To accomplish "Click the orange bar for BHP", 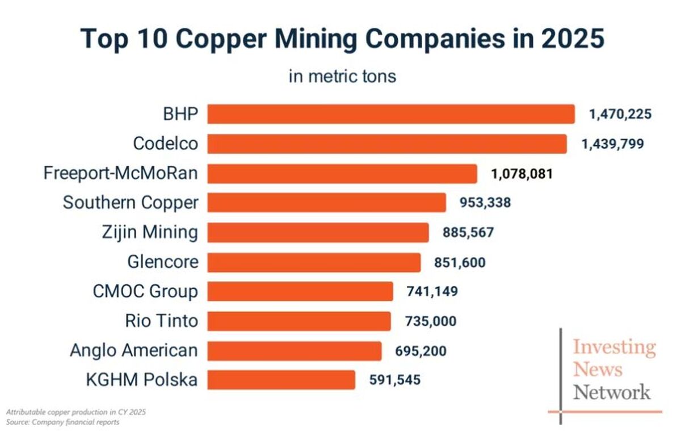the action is pyautogui.click(x=391, y=114).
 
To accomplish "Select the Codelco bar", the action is pyautogui.click(x=387, y=144).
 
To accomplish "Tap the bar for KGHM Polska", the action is pyautogui.click(x=281, y=380).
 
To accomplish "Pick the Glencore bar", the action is pyautogui.click(x=314, y=262).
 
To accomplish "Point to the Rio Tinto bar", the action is pyautogui.click(x=299, y=321).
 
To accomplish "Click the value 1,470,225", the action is pyautogui.click(x=620, y=114).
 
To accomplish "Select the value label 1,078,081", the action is pyautogui.click(x=522, y=174).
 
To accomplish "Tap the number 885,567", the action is pyautogui.click(x=468, y=233).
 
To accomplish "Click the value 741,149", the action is pyautogui.click(x=432, y=291).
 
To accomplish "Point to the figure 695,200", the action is pyautogui.click(x=421, y=351).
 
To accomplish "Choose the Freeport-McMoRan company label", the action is pyautogui.click(x=121, y=173).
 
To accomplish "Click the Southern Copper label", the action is pyautogui.click(x=131, y=203).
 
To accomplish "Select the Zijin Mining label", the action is pyautogui.click(x=150, y=233).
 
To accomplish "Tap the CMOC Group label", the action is pyautogui.click(x=145, y=292).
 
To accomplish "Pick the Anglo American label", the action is pyautogui.click(x=134, y=350).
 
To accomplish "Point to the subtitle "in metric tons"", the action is pyautogui.click(x=342, y=76).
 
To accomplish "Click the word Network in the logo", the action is pyautogui.click(x=612, y=392).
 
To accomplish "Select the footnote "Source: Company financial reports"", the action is pyautogui.click(x=62, y=422).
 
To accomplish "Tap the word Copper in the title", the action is pyautogui.click(x=221, y=40).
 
